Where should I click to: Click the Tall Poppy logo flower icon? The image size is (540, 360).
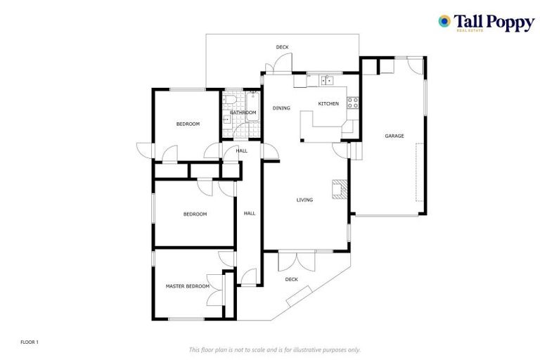[x=444, y=21]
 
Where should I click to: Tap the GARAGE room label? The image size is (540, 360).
[x=394, y=136]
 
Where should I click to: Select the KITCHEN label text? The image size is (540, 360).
[x=328, y=104]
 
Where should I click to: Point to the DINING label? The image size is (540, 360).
[x=282, y=108]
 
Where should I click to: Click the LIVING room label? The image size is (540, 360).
[x=304, y=200]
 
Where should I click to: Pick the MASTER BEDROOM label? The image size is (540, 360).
[x=188, y=286]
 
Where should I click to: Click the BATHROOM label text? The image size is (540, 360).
[x=243, y=112]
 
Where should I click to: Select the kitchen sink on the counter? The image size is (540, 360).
[x=327, y=81]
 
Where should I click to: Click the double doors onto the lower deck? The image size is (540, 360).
[x=296, y=261]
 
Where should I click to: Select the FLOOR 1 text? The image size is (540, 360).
[x=30, y=342]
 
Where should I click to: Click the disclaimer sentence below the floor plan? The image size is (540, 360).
[x=274, y=349]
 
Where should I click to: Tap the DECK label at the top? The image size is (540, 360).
[x=282, y=47]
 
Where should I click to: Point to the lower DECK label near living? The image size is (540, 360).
[x=292, y=280]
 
